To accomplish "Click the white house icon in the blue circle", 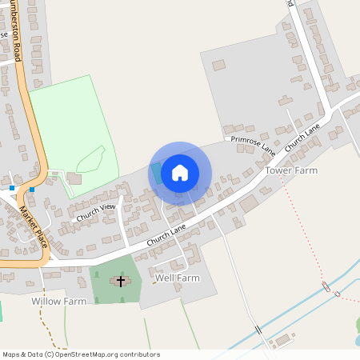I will tap(180, 173).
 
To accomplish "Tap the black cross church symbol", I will tap(122, 281).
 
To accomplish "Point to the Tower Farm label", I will tap(291, 170).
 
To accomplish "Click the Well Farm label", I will tap(177, 278).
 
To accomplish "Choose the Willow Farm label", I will tap(58, 302).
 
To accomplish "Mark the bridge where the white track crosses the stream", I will tap(258, 330).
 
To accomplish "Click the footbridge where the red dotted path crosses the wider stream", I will tap(326, 286).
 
